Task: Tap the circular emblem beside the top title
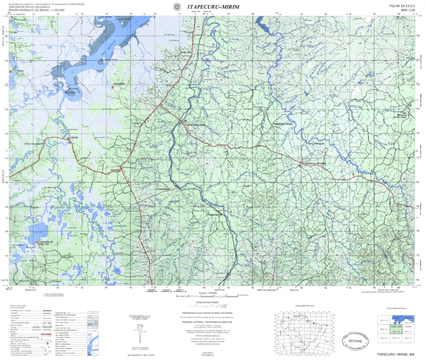[176, 6]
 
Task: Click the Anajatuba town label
[120, 84]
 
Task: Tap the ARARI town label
[74, 138]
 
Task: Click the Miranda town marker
[121, 167]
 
